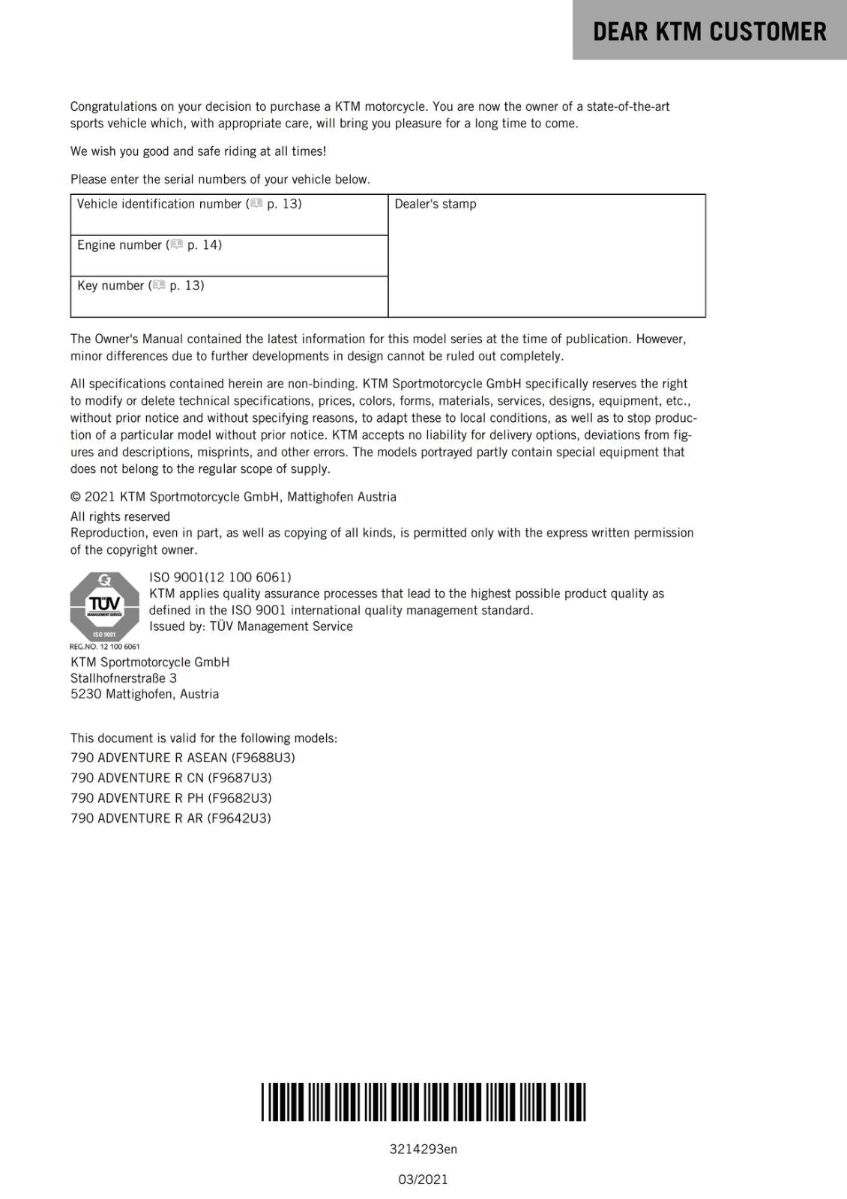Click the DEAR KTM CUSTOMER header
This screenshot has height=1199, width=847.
click(x=709, y=31)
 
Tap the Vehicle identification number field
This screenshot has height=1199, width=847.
click(x=229, y=215)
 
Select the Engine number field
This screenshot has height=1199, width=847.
click(x=229, y=256)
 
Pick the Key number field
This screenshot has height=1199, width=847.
click(x=229, y=297)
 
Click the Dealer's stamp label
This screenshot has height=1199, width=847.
click(x=435, y=204)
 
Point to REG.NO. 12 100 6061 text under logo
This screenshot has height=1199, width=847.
click(x=104, y=646)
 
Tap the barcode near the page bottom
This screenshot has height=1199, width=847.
click(x=423, y=1102)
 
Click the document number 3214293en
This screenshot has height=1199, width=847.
click(x=423, y=1149)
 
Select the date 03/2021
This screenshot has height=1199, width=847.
click(x=423, y=1180)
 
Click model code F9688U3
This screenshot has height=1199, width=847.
click(x=263, y=758)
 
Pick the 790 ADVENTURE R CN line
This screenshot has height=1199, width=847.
click(x=171, y=778)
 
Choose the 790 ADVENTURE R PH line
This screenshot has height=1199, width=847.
click(x=171, y=798)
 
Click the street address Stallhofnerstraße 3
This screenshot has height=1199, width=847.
click(x=124, y=678)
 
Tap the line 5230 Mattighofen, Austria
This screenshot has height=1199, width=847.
click(x=145, y=694)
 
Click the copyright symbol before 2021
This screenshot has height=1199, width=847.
click(x=76, y=497)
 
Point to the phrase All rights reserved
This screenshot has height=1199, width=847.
click(x=120, y=516)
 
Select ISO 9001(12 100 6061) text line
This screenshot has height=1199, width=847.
click(x=220, y=577)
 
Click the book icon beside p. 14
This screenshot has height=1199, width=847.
click(x=177, y=244)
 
